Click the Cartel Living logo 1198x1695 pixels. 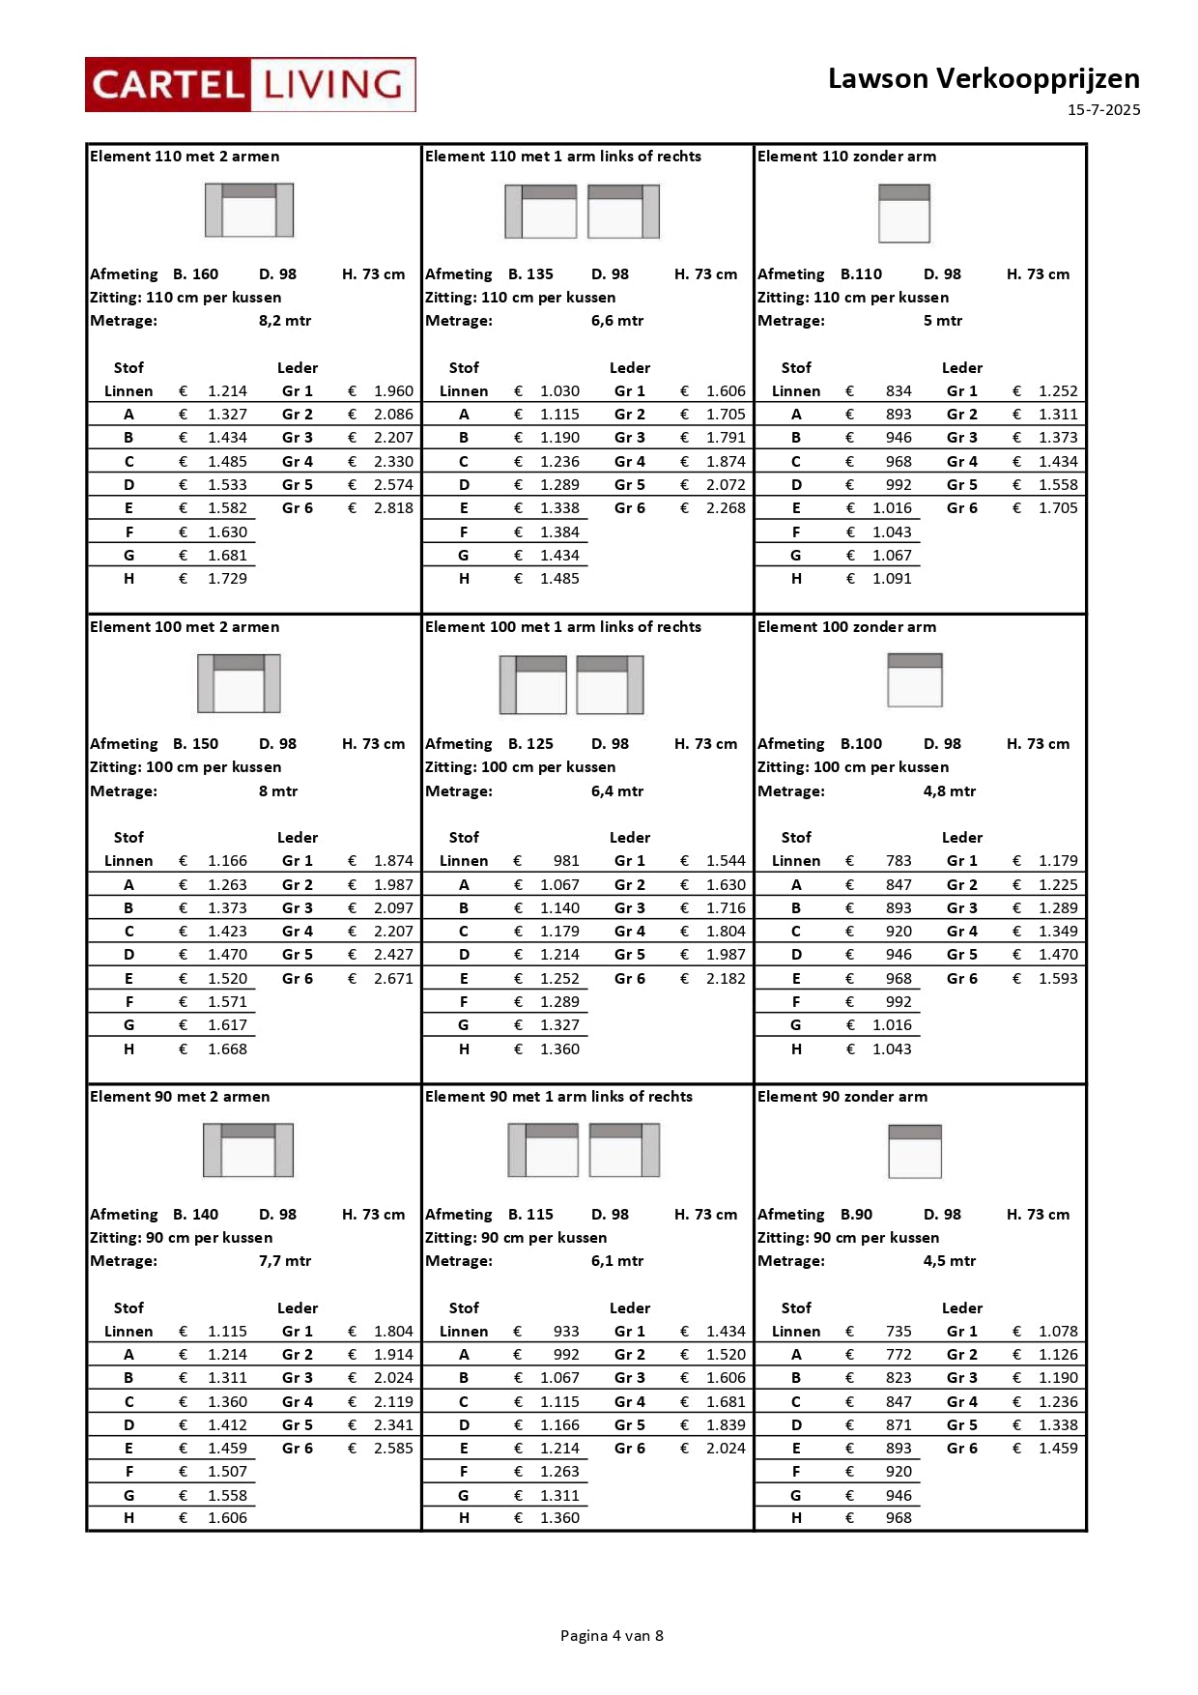250,85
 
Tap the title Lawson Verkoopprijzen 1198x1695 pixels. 983,78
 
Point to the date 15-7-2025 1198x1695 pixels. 1103,110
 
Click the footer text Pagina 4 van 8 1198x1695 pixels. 612,1636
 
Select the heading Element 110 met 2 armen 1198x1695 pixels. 185,157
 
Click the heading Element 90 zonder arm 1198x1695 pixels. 841,1097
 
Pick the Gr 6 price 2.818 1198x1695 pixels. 393,508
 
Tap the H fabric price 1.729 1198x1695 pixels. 227,579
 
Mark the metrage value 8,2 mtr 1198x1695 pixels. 285,321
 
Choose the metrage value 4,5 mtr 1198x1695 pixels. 949,1261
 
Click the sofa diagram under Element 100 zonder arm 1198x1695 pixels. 914,680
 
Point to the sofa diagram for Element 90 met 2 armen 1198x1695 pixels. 248,1150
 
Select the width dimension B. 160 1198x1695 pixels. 195,274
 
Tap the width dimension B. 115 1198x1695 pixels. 530,1215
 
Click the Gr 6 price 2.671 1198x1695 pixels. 393,979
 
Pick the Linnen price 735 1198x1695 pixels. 898,1332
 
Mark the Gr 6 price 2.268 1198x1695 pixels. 726,508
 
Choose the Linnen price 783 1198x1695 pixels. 898,861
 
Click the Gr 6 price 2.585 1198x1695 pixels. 393,1449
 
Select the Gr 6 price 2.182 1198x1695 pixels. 726,979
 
